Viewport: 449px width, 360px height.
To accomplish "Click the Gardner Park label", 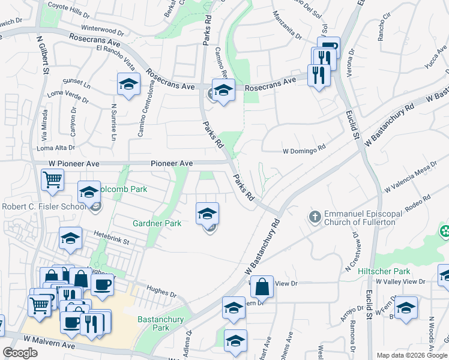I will coord(157,224).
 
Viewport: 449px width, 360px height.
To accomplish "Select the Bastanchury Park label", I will coord(161,323).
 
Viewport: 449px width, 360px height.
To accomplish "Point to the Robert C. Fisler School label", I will coord(43,207).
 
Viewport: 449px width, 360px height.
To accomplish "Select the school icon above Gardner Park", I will coord(207,214).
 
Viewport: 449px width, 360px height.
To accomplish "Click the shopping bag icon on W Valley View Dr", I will coord(262,287).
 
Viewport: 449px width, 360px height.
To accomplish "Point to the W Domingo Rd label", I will coord(304,151).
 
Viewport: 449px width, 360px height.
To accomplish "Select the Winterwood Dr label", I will coord(102,29).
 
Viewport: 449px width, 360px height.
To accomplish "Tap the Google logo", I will coord(20,353).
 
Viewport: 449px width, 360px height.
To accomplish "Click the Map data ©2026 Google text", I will coord(411,355).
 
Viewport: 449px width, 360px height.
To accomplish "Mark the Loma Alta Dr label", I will coord(56,148).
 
